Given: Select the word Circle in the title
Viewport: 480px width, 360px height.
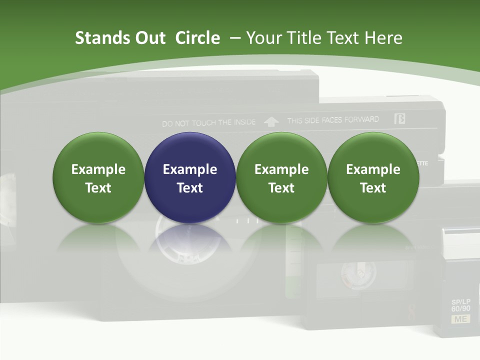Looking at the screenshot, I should point(197,38).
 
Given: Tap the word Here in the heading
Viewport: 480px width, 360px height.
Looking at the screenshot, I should point(383,38).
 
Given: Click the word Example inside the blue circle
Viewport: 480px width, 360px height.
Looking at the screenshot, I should point(190,169).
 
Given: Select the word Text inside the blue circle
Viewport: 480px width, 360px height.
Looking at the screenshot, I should point(190,188).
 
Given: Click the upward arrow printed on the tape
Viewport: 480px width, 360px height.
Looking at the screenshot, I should point(271,121).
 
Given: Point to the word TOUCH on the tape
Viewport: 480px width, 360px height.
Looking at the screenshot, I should point(204,122).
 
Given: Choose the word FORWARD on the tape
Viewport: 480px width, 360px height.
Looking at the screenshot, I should point(361,120).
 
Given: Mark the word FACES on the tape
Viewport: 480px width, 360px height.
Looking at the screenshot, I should point(330,120).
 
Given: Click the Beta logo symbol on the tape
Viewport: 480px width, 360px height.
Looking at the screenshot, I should point(399,118).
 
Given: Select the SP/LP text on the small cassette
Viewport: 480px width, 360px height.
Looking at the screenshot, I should point(460,302).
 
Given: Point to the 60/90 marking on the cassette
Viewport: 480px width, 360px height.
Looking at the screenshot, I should point(460,309).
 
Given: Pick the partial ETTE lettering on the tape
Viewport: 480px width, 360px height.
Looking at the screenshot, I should point(422,163).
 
